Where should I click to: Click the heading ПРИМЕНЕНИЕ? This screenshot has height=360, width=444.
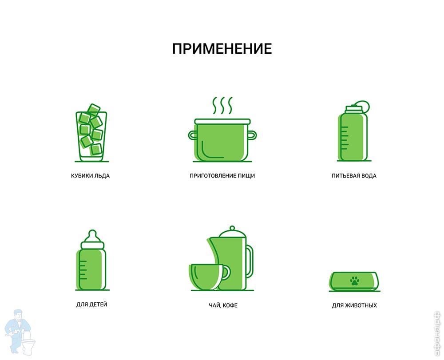(x=222, y=49)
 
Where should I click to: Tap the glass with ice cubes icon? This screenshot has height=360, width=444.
(x=91, y=133)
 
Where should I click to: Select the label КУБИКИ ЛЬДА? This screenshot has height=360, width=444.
(x=90, y=176)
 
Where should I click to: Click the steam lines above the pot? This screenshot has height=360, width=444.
(x=222, y=105)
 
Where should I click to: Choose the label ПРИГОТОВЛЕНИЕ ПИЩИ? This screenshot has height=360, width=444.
(x=222, y=176)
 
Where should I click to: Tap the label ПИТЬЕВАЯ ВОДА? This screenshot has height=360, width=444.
(x=354, y=176)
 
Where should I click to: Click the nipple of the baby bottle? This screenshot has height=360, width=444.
(x=92, y=236)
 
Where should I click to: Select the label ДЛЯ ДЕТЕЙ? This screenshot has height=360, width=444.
(x=92, y=305)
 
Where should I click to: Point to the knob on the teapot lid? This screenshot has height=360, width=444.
(x=232, y=228)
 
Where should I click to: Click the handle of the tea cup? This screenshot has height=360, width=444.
(x=227, y=272)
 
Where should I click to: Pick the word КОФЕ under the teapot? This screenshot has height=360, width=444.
(x=230, y=305)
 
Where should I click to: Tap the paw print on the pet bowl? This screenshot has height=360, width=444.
(x=354, y=281)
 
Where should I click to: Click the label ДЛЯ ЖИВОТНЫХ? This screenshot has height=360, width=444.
(x=354, y=305)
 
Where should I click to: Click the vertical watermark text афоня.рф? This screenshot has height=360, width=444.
(x=437, y=333)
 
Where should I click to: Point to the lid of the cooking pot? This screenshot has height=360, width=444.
(x=222, y=122)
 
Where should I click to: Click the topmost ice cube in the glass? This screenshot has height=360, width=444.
(x=93, y=110)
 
